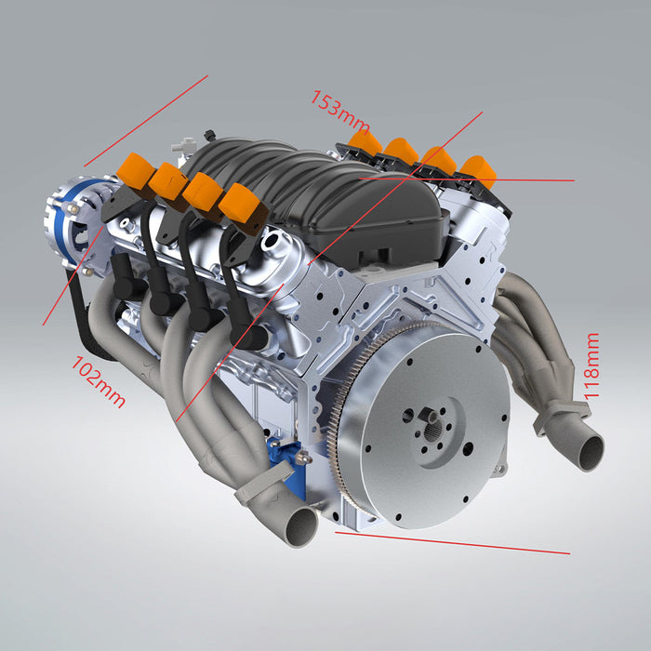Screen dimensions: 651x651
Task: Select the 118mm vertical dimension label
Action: [x=591, y=365]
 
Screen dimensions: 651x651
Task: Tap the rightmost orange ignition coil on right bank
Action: [x=478, y=170]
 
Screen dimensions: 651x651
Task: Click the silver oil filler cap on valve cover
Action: [x=276, y=246]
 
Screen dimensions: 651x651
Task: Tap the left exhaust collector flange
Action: [x=265, y=480]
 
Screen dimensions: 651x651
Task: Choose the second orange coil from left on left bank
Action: [x=167, y=180]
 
